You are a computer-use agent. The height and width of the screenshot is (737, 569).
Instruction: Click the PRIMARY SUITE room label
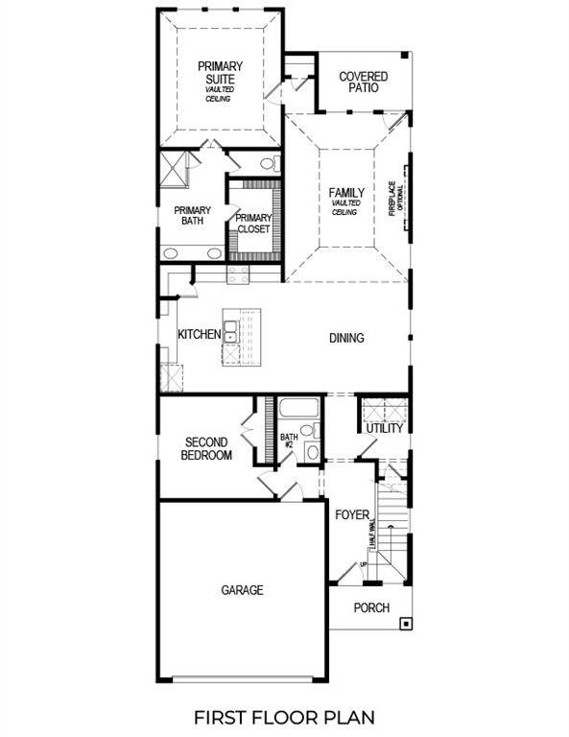coord(220,72)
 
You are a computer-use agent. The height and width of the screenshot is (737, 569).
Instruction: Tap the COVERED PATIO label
coord(364,82)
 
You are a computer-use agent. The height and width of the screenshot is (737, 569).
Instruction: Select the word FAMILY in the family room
coord(346,192)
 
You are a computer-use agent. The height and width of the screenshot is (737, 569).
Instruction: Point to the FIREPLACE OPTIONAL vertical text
coord(396,200)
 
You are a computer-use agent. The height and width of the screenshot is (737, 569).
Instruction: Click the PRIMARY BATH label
coord(192,216)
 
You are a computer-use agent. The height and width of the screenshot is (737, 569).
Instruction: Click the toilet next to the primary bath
coord(269,164)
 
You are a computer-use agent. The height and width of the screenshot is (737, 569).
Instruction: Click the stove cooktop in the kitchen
coord(238,273)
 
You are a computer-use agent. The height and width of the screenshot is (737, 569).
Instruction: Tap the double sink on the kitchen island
coord(231,334)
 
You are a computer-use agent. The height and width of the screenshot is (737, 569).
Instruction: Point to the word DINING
coord(346,338)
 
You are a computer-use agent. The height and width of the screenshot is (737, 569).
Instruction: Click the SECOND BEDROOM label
coord(206,448)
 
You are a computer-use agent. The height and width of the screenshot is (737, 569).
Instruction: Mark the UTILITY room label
coord(384,428)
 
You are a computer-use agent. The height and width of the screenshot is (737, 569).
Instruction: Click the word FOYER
coord(352,515)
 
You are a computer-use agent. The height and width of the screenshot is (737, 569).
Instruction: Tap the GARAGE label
coord(242,590)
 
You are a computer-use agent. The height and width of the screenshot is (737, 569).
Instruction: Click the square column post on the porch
coord(406,623)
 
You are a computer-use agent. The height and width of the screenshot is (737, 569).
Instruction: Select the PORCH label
coord(371,607)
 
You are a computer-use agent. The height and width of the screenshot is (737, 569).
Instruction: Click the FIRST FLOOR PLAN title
coord(283,716)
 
